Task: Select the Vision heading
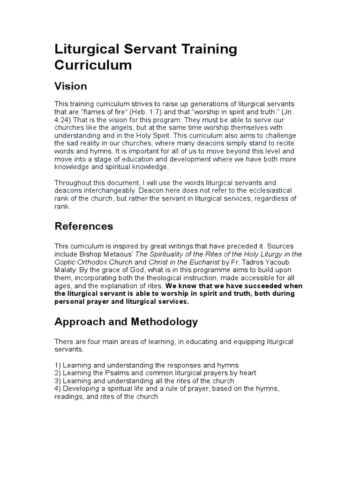click(x=71, y=86)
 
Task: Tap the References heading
click(x=84, y=226)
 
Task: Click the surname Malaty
click(x=67, y=270)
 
